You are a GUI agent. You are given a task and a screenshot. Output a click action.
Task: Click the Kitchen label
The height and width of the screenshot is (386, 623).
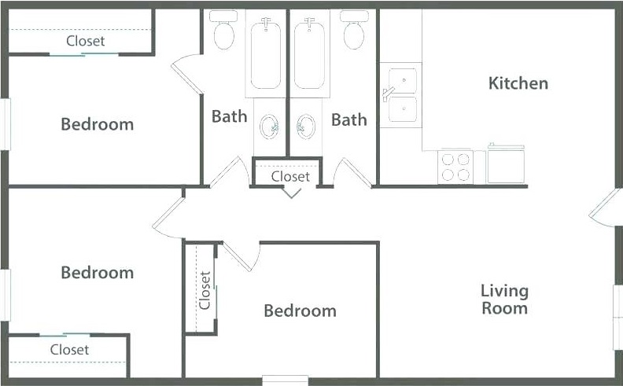518,83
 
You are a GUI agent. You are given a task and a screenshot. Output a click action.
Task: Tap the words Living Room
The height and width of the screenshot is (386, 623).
504,300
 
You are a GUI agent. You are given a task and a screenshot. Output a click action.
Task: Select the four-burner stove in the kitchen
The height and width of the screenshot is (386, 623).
455,167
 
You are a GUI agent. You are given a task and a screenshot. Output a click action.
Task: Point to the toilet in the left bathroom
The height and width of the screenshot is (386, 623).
223,30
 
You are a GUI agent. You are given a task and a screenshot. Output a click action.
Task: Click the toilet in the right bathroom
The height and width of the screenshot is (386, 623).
354,30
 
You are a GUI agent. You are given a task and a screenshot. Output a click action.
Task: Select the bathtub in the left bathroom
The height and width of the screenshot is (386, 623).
266,54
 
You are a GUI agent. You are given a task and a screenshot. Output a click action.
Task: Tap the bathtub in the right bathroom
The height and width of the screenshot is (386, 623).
309,54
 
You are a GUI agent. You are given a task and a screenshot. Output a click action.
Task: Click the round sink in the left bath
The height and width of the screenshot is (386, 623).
269,127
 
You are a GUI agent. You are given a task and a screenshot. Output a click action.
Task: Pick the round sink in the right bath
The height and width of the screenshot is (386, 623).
306,127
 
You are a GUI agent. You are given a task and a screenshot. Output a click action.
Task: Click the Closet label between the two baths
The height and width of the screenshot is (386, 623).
290,176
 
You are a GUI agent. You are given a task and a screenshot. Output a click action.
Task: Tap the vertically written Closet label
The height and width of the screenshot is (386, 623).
205,290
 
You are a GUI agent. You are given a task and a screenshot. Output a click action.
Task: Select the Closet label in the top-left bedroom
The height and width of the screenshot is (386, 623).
86,41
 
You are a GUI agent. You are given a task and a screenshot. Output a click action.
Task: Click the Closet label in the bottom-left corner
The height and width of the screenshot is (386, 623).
69,350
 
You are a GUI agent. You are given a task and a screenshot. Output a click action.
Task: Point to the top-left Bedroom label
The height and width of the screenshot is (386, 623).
98,124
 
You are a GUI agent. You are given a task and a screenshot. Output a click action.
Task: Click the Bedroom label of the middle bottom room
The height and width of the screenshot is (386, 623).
300,311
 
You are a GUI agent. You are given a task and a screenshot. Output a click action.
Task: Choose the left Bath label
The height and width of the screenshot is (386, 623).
229,116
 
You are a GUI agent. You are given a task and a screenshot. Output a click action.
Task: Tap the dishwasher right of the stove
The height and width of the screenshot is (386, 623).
506,164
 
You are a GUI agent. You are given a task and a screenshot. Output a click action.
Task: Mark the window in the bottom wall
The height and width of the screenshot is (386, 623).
286,380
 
